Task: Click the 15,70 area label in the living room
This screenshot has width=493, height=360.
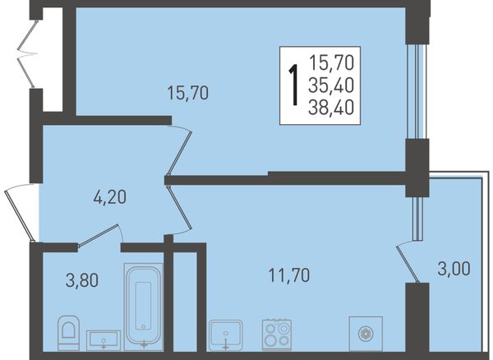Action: pos(187,93)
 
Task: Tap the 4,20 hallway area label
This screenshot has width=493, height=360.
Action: pos(110,197)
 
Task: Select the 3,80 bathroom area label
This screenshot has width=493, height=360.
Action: pos(82,280)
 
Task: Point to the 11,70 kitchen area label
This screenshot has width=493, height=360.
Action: pos(289,275)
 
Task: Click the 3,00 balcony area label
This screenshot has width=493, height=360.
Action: pos(454,269)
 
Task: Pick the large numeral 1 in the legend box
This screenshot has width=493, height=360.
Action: pos(294,85)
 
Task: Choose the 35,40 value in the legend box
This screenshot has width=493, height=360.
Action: pos(331,85)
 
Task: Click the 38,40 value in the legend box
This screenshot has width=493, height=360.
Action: pos(331,107)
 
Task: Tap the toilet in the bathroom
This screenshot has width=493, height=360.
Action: pos(68,333)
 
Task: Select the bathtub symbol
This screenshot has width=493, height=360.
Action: pos(143,307)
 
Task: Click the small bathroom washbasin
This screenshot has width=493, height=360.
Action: pos(104,340)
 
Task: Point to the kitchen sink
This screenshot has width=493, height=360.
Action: pos(225,335)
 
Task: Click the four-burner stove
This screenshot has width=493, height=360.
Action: pos(277,335)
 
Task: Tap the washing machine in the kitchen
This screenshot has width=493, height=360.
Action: pos(366,334)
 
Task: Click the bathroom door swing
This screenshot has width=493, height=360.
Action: pos(100,234)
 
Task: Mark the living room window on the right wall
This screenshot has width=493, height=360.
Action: pos(417,91)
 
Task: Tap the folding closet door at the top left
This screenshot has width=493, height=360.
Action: pos(26,53)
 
